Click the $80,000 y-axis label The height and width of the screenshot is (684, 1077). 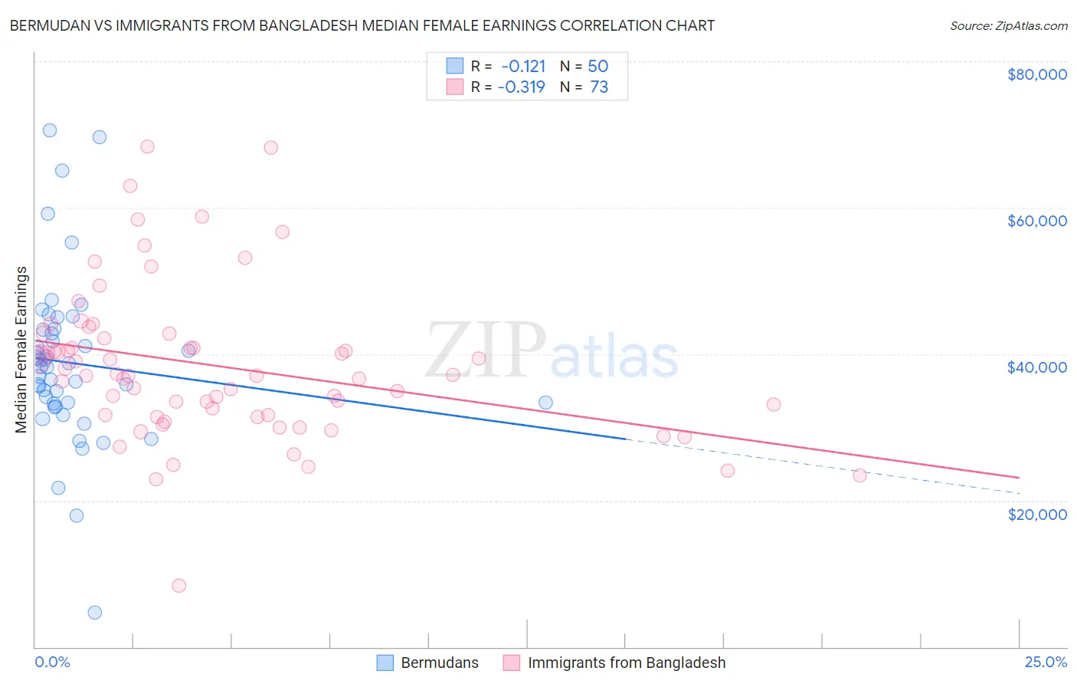pos(1036,74)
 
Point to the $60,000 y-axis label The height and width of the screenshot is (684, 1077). pos(1036,221)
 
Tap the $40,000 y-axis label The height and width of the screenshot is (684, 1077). pos(1036,367)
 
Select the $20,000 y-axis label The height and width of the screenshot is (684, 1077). pos(1036,514)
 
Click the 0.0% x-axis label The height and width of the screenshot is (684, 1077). pos(52,662)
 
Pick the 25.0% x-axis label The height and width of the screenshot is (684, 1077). pos(1046,662)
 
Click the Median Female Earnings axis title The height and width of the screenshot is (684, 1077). pos(21,350)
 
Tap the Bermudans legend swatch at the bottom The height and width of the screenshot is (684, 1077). pos(385,663)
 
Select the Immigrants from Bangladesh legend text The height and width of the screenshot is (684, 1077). pos(626,663)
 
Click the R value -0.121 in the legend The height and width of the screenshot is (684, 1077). pos(523,66)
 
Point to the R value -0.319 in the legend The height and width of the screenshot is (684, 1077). pos(522,87)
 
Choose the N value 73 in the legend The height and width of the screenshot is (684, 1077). pos(598,87)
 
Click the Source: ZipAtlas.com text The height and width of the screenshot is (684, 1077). pos(1008,26)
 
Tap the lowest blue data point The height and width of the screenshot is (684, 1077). pos(95,612)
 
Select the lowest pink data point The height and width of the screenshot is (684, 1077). pos(179,585)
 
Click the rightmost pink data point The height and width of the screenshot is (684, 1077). pos(859,475)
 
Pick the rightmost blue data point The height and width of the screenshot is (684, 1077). pos(545,403)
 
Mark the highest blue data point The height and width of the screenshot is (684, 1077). pos(50,130)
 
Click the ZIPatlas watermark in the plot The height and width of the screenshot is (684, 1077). pos(552,351)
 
